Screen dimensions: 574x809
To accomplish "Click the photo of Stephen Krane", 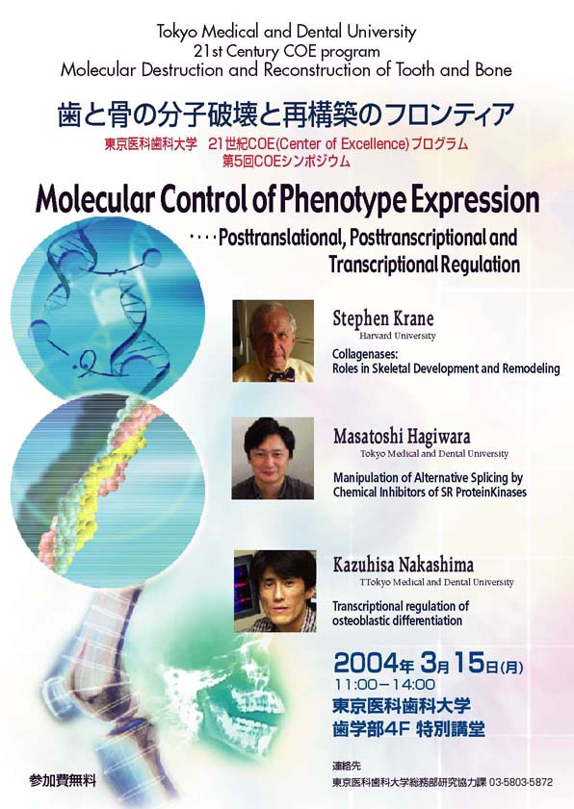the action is coord(273,341).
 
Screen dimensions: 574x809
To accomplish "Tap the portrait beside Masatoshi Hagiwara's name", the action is coord(273,458).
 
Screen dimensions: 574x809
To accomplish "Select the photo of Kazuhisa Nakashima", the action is coord(275,591).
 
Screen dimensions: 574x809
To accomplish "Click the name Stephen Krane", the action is coord(383,318).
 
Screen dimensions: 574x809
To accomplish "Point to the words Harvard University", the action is coord(398,336).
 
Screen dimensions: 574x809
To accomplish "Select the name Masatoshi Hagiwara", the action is coord(402,437).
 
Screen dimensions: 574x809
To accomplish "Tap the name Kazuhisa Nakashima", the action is coord(403,565).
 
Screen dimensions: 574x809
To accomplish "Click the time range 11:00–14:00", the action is coord(385,685).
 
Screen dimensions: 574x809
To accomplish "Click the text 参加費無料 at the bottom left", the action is coord(63,781).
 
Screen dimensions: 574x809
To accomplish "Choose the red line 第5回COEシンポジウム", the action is coord(286,161).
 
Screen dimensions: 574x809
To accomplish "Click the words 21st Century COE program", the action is coord(287,52).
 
